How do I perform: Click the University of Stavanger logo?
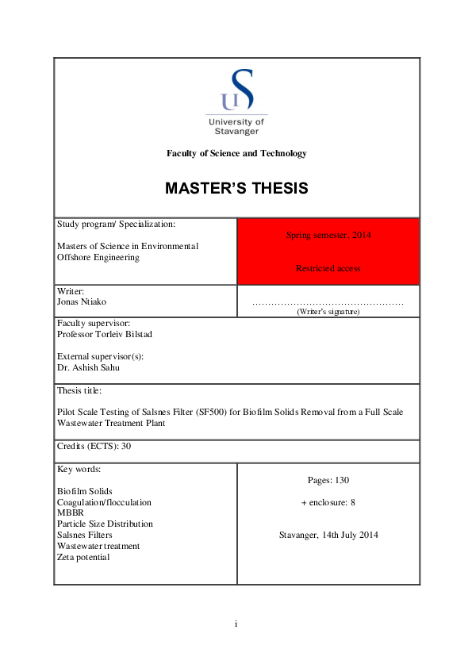(236, 100)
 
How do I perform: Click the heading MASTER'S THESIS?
(236, 189)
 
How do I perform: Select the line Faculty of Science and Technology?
(236, 153)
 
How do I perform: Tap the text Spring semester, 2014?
(328, 235)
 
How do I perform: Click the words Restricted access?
(328, 268)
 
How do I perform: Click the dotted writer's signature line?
(328, 303)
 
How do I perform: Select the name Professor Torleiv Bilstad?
(105, 334)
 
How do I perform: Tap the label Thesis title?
(79, 390)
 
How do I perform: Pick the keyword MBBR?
(70, 513)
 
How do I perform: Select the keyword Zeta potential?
(83, 557)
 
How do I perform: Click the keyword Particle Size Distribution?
(106, 524)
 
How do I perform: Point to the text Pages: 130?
(328, 480)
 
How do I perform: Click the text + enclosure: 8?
(328, 502)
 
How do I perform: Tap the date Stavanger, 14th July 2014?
(328, 535)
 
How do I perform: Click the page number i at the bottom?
(236, 624)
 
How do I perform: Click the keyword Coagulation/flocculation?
(104, 502)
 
